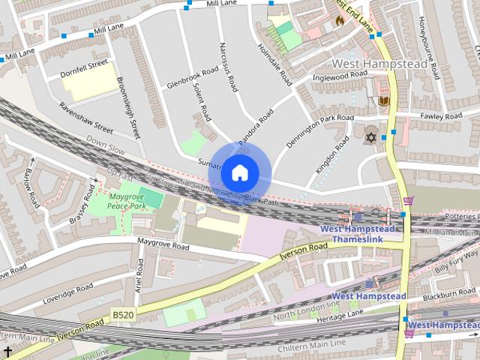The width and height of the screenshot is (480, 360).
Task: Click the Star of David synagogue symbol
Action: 369,137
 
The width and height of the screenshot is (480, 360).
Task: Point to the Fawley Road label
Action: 441,116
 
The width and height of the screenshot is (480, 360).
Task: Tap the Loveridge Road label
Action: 67,292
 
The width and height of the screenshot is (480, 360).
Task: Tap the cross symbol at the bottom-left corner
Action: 7,352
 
